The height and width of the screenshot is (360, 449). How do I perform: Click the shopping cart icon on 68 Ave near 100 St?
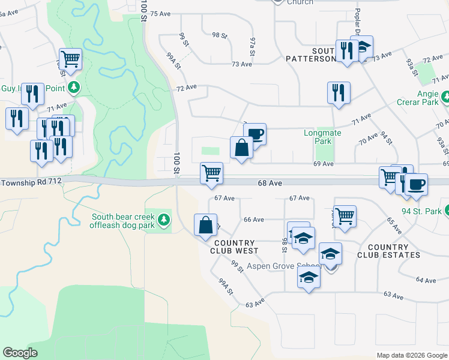click(211, 173)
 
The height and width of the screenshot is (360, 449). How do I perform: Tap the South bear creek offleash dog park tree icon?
click(164, 221)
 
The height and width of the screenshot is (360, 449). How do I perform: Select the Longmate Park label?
click(322, 137)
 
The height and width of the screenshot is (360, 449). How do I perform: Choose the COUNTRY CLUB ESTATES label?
click(388, 251)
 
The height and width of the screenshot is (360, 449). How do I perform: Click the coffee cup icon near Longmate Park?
click(255, 134)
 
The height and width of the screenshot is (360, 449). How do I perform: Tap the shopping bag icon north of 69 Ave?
click(241, 147)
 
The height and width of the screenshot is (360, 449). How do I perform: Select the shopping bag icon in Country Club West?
click(205, 225)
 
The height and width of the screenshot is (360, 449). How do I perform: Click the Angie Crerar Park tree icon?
click(445, 97)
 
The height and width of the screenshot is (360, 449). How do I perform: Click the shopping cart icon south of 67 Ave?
click(345, 216)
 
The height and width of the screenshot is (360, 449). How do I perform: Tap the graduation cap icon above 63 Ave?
click(309, 278)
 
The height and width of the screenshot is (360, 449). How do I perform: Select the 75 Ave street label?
click(161, 13)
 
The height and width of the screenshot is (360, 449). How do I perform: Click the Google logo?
click(20, 353)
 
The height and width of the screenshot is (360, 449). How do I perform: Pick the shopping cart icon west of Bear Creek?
click(71, 59)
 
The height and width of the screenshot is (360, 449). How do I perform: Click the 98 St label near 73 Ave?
click(220, 36)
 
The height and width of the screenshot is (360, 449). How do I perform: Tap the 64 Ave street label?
click(425, 280)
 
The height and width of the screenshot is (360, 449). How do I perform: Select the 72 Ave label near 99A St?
click(187, 88)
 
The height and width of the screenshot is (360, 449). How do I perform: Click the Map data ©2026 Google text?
click(412, 355)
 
